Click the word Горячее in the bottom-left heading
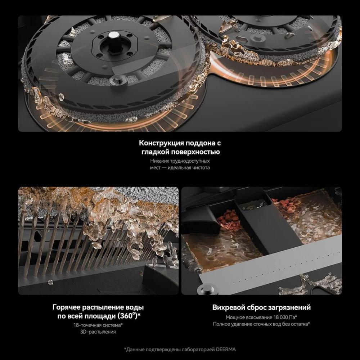coord(66,307)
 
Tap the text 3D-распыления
coord(98,332)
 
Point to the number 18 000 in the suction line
coord(280,317)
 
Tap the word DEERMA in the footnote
coord(226,350)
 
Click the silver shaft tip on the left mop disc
coord(112,35)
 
